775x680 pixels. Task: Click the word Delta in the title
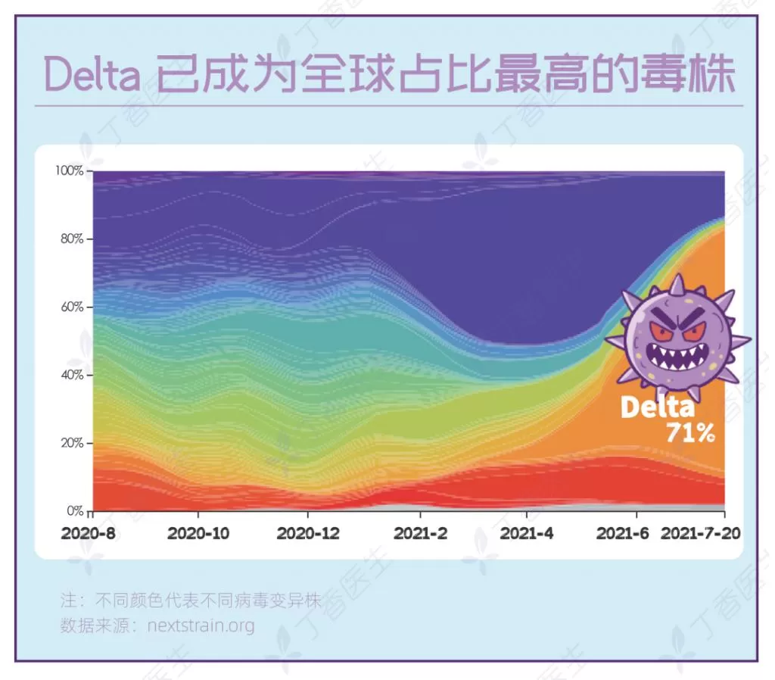tap(92, 75)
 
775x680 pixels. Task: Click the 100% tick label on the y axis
tap(69, 170)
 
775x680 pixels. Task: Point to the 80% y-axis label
tap(72, 239)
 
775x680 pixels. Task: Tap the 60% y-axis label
tap(72, 307)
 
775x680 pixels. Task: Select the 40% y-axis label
tap(72, 375)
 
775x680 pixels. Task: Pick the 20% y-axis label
tap(72, 443)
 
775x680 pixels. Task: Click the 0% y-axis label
tap(75, 510)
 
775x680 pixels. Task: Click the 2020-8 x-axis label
tap(89, 533)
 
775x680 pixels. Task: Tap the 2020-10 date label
tap(198, 533)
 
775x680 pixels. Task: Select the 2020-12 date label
tap(308, 533)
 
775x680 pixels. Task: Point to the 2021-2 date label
tap(421, 533)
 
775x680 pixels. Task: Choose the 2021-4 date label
tap(527, 533)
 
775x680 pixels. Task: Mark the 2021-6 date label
tap(622, 533)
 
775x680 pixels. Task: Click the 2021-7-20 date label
tap(701, 533)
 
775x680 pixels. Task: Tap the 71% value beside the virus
tap(690, 433)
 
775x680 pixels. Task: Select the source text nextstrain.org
tap(201, 625)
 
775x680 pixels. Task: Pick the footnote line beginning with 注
tap(191, 600)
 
